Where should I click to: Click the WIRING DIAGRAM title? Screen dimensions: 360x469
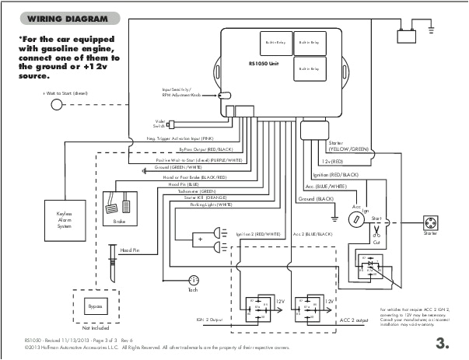[x=57, y=19]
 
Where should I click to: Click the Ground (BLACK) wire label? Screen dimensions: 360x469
[x=315, y=200]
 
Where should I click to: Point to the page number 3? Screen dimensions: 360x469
[x=443, y=342]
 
